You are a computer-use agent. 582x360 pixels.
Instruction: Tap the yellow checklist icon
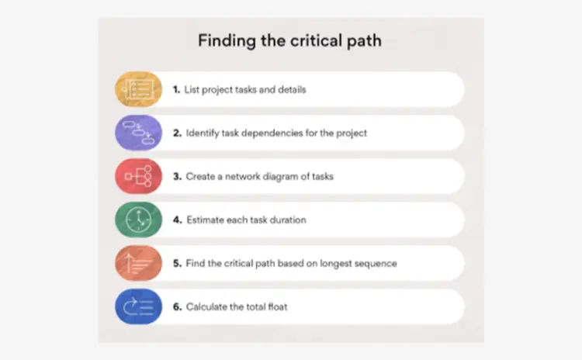point(138,89)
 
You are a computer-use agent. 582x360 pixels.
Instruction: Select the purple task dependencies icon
point(138,133)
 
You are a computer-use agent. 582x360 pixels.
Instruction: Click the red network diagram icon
point(138,176)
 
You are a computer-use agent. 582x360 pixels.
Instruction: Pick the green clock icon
point(138,220)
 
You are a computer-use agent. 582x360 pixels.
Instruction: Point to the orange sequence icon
point(138,263)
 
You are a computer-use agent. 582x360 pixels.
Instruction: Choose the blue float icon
point(138,306)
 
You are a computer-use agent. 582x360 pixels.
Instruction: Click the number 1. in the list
point(176,89)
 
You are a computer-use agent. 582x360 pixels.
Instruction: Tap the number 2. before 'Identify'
point(178,133)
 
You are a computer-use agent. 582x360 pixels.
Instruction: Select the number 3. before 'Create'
point(178,176)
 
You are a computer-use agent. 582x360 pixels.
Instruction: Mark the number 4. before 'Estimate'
point(178,220)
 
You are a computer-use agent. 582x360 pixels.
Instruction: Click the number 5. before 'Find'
point(178,263)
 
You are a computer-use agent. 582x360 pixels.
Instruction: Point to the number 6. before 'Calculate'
point(178,306)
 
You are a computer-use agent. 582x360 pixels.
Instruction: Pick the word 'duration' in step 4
point(288,220)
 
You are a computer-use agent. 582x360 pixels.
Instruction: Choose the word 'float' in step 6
point(278,306)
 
